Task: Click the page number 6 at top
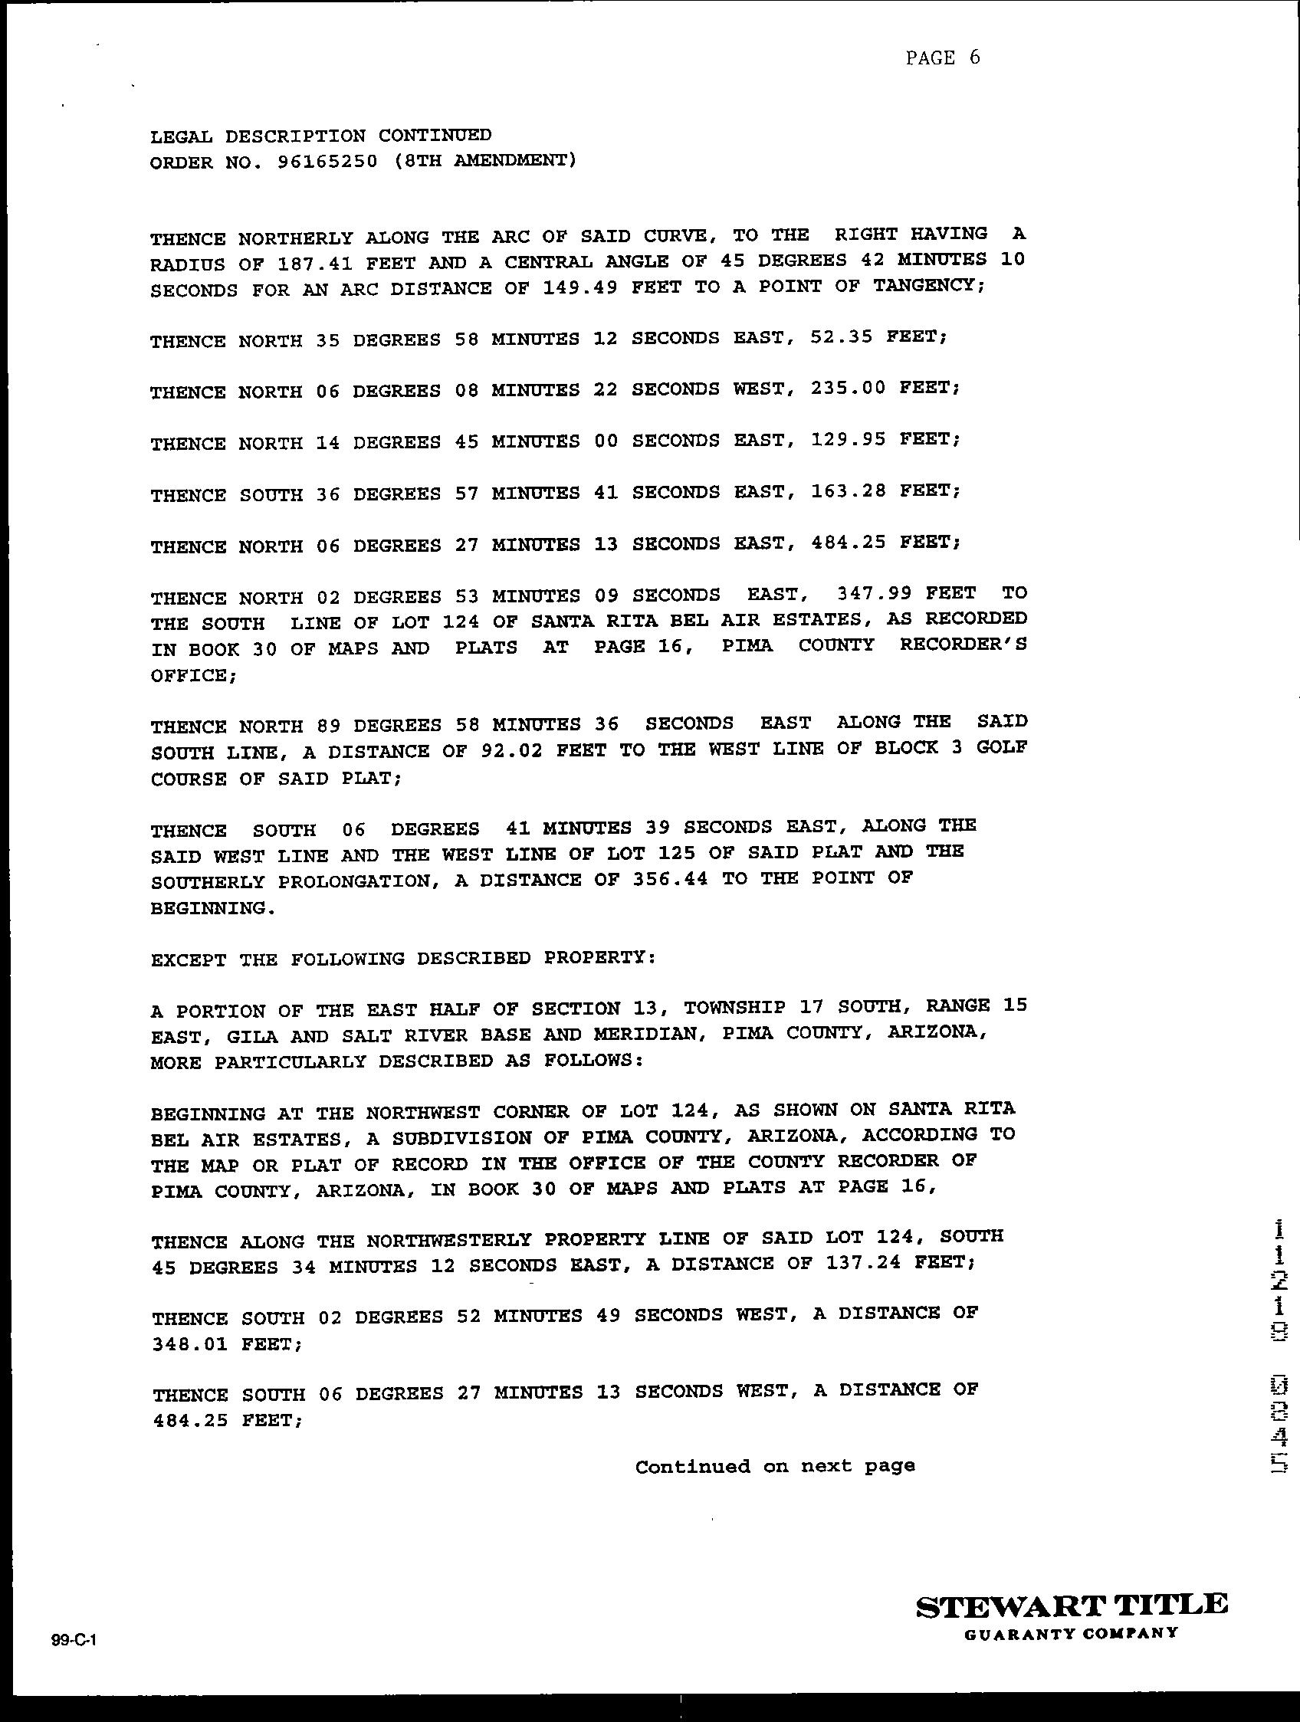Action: [x=973, y=57]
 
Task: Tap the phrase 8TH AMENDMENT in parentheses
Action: [x=486, y=161]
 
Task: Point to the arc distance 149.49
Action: [x=580, y=288]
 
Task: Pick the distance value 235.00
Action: [x=848, y=389]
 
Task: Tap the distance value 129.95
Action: [x=848, y=440]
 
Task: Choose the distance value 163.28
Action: [x=848, y=492]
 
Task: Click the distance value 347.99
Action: [x=873, y=594]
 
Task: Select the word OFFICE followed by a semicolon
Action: [x=193, y=675]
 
